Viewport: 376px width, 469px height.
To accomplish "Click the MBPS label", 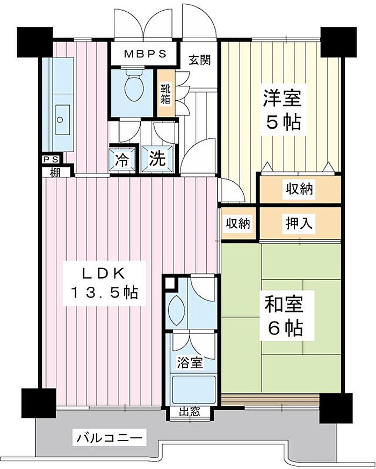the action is [x=146, y=54].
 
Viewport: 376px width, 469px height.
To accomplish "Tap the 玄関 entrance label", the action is [x=200, y=60].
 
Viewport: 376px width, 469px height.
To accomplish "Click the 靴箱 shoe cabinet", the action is [x=165, y=94].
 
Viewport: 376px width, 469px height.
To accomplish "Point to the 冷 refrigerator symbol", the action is [x=122, y=159].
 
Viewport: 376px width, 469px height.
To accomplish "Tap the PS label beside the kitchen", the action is [x=51, y=159].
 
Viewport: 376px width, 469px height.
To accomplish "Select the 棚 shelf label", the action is [x=55, y=173].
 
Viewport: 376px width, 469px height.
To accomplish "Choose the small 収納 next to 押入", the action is [x=238, y=223].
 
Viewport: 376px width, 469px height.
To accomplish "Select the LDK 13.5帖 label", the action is [x=104, y=284].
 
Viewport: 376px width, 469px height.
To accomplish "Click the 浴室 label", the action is [x=190, y=363].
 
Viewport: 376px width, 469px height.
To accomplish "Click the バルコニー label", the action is [x=110, y=439].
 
